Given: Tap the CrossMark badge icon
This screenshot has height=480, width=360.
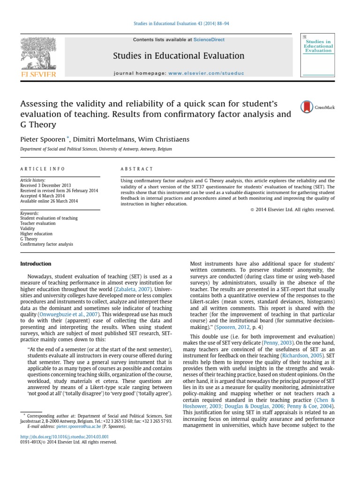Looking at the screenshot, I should pyautogui.click(x=306, y=107).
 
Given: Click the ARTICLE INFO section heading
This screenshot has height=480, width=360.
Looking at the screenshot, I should pyautogui.click(x=43, y=169).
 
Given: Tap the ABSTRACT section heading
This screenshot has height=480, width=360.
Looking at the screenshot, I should pyautogui.click(x=137, y=169).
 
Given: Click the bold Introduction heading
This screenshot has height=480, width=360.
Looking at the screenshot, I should pyautogui.click(x=36, y=264).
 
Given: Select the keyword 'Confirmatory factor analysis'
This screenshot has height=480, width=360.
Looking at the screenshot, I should pyautogui.click(x=46, y=244).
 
